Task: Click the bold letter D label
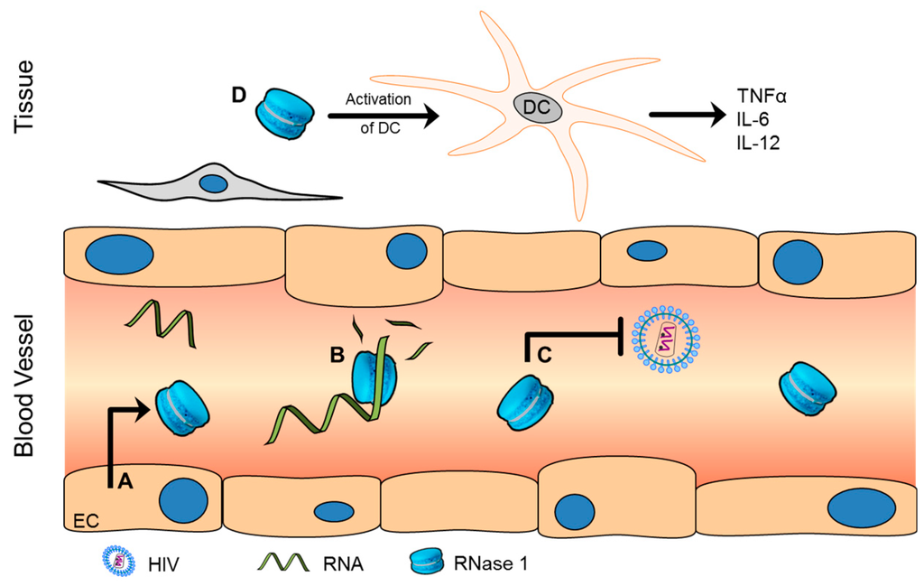pyautogui.click(x=238, y=96)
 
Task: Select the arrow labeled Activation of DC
pyautogui.click(x=382, y=116)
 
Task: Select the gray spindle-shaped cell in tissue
pyautogui.click(x=217, y=186)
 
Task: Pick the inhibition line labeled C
pyautogui.click(x=574, y=336)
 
